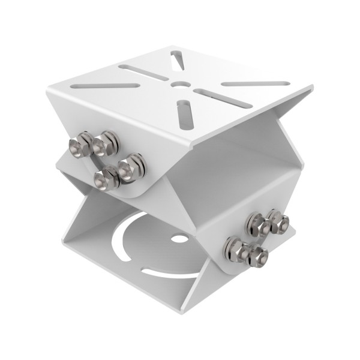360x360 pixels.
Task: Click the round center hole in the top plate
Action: [x=178, y=84]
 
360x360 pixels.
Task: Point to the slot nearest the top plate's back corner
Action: [x=178, y=60]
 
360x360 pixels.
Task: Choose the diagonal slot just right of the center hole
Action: [x=214, y=98]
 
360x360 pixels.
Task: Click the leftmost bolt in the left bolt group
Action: [x=80, y=145]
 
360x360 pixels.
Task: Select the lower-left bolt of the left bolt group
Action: [x=106, y=178]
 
